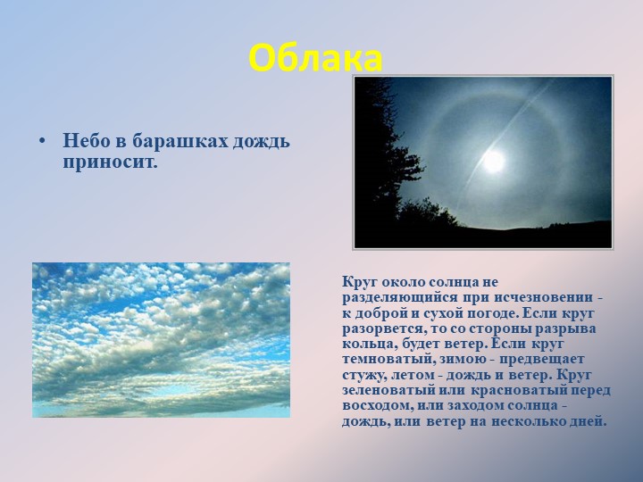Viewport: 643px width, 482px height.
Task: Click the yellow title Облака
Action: pos(315,59)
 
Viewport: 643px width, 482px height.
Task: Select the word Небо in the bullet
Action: pos(86,141)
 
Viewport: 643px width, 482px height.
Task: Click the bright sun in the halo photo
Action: pos(493,161)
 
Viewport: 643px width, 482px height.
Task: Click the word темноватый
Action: pos(387,359)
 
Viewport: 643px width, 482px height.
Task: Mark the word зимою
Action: pos(464,359)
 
